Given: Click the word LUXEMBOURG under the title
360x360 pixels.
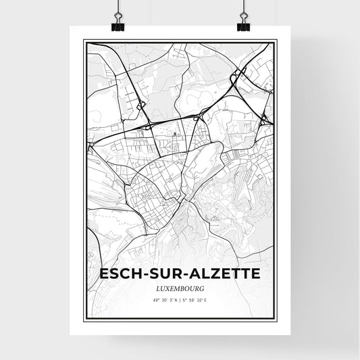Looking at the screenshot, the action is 180,288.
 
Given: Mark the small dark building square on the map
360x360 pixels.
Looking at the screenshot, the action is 174,134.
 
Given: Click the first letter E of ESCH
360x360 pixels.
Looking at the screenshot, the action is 104,274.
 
